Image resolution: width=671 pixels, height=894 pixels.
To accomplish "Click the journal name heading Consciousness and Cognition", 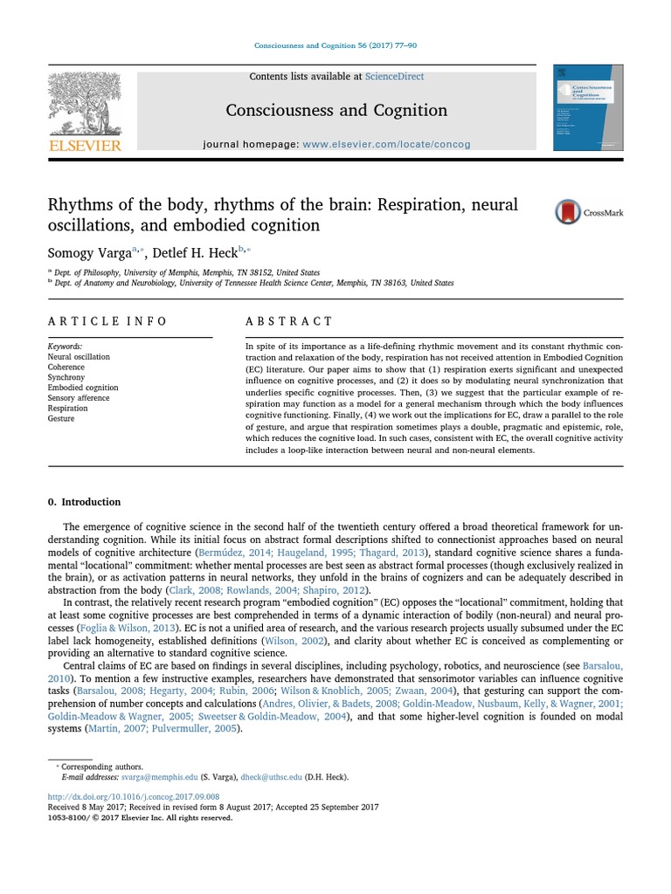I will (x=336, y=110).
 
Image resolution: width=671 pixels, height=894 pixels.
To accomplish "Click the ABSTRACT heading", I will (x=288, y=321).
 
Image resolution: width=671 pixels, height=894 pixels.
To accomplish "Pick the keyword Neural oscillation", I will (x=79, y=357).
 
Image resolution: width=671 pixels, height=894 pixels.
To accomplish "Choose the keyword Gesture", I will (x=61, y=419).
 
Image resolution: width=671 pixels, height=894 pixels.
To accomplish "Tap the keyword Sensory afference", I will (x=79, y=398).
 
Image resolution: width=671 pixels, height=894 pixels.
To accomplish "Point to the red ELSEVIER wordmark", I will (x=85, y=146).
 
